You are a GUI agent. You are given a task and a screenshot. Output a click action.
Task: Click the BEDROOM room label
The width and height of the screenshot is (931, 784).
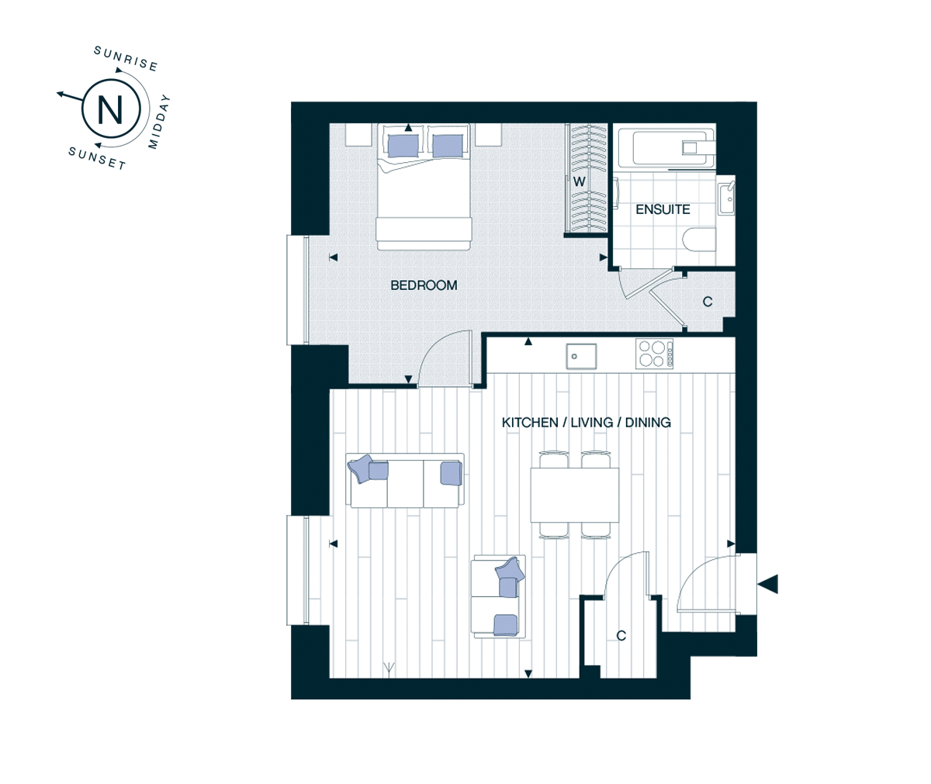click(x=424, y=285)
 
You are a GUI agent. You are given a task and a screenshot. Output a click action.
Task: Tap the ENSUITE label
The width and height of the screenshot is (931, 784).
click(x=663, y=209)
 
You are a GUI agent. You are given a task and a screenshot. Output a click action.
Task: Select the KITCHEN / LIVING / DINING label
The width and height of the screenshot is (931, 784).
click(x=587, y=423)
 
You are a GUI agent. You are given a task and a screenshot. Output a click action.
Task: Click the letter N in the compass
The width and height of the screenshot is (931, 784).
click(x=110, y=109)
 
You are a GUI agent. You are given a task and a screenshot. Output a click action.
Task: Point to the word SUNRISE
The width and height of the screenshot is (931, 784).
click(x=126, y=59)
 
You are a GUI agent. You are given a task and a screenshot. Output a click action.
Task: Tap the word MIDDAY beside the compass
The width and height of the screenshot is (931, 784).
click(x=159, y=121)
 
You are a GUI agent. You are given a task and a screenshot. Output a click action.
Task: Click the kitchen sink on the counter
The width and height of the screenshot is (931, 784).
click(x=581, y=356)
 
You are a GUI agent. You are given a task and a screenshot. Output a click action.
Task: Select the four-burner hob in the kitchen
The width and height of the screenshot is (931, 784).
click(x=654, y=354)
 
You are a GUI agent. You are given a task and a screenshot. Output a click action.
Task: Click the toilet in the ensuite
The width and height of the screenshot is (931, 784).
click(x=700, y=240)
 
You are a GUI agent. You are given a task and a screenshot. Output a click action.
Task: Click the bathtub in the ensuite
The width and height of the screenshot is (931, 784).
click(x=673, y=147)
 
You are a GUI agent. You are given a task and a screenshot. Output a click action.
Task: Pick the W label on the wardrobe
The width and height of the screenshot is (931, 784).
click(x=580, y=182)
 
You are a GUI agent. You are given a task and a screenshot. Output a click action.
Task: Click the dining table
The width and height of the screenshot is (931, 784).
click(x=574, y=495)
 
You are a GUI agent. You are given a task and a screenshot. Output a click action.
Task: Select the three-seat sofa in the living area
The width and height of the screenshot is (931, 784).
click(x=405, y=481)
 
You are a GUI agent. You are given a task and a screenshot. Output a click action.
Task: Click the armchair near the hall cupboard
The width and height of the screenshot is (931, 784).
click(x=499, y=596)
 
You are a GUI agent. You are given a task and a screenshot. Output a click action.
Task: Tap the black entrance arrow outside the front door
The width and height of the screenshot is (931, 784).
click(x=767, y=584)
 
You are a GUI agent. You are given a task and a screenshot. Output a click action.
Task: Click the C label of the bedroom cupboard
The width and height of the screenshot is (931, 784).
click(x=708, y=302)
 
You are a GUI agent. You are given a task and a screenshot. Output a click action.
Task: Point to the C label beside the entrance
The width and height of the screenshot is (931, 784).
click(x=621, y=636)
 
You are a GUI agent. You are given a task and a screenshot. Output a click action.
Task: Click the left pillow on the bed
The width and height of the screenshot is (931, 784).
click(x=403, y=146)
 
